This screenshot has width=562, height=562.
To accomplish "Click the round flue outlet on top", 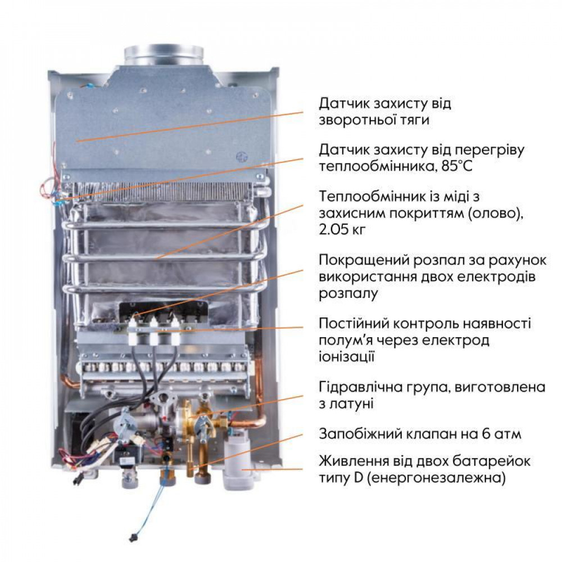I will coord(163,55).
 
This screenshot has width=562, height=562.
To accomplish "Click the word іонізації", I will coord(346,356).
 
